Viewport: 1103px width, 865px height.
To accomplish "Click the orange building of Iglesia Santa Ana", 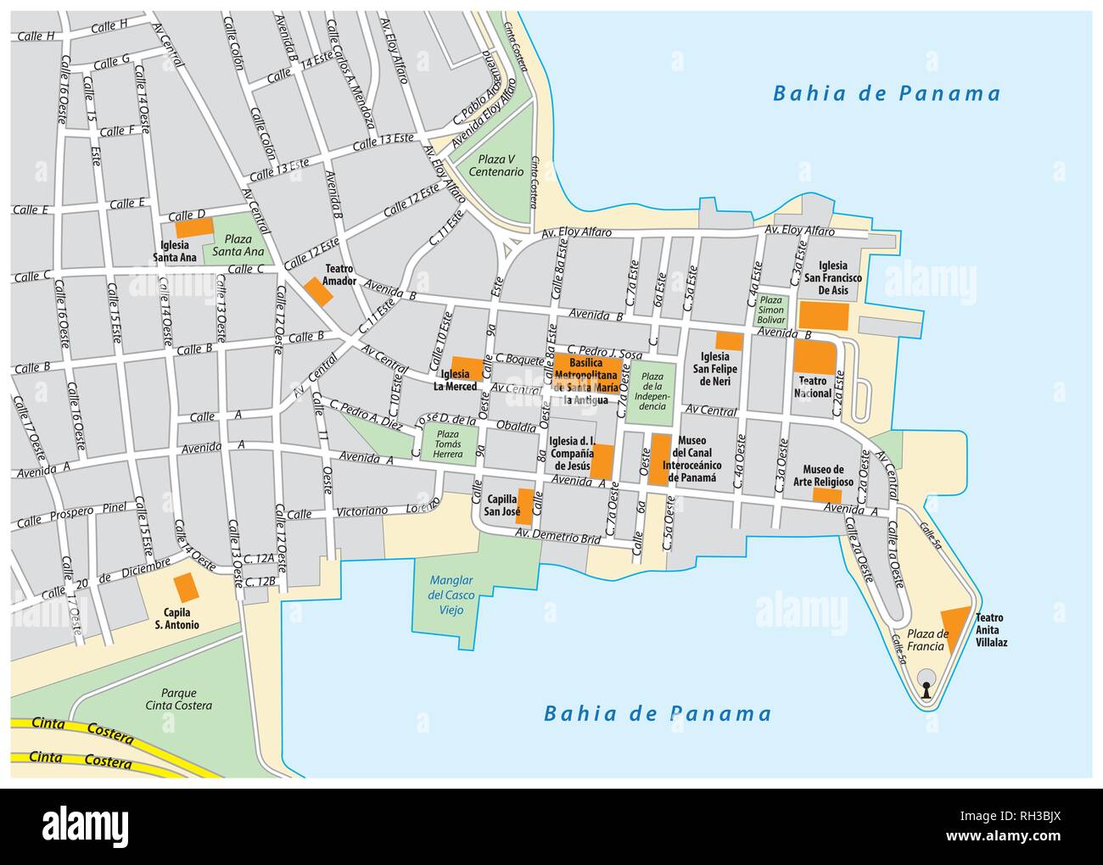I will point(193,227).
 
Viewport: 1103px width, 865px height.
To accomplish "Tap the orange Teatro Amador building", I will point(319,291).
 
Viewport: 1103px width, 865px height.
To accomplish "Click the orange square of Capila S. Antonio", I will point(185,588).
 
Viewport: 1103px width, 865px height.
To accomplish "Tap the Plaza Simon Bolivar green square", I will point(771,310).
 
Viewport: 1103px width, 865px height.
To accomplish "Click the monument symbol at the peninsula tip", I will point(927,683).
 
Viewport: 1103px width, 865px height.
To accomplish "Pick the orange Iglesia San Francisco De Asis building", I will point(823,315).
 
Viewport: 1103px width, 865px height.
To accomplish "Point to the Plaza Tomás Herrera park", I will point(448,444).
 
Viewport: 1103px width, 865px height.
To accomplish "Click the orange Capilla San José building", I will point(524,506).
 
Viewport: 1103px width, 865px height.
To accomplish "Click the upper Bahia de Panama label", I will point(886,93).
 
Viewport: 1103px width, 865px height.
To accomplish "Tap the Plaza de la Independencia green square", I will point(652,393).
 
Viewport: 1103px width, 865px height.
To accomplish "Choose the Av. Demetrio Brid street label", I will point(558,537).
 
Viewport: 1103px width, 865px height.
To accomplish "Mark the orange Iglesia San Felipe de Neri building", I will point(729,341).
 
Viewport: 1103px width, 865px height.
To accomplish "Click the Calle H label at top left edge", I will point(36,36).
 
